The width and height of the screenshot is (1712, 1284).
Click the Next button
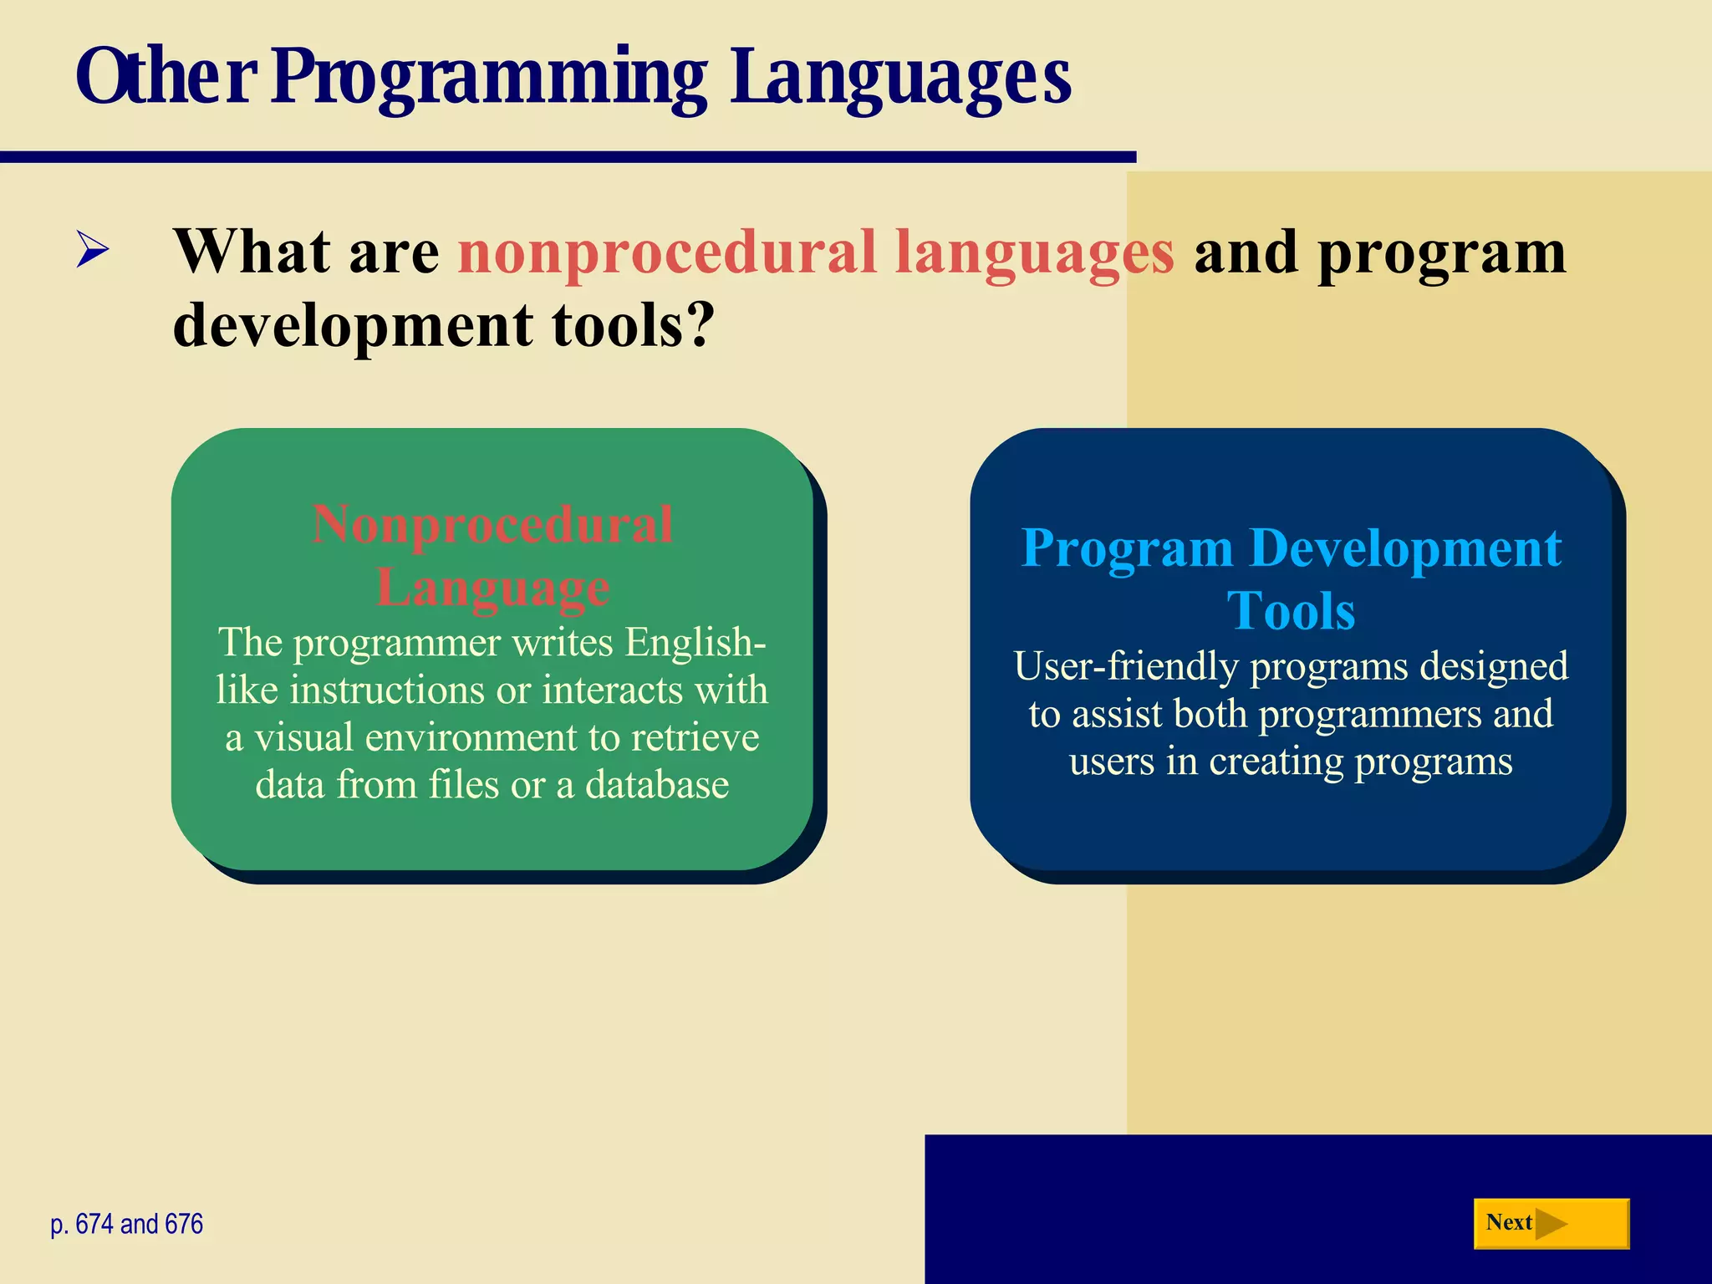coord(1551,1224)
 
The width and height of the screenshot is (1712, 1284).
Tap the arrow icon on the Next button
coord(1551,1224)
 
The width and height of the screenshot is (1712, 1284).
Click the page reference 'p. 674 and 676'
coord(127,1224)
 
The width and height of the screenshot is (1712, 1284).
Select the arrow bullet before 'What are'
coord(92,250)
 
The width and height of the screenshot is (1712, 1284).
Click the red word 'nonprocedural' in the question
coord(666,252)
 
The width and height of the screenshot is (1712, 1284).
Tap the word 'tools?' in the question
coord(633,324)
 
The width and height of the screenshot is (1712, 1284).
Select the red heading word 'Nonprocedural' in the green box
coord(492,525)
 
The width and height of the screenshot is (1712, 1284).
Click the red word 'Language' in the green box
coord(492,587)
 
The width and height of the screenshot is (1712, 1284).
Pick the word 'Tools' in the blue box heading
coord(1291,610)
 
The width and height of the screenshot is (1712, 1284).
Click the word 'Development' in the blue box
coord(1405,548)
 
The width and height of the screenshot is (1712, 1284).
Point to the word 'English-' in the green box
coord(695,642)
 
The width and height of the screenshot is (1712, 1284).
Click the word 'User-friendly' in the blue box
coord(1125,666)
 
